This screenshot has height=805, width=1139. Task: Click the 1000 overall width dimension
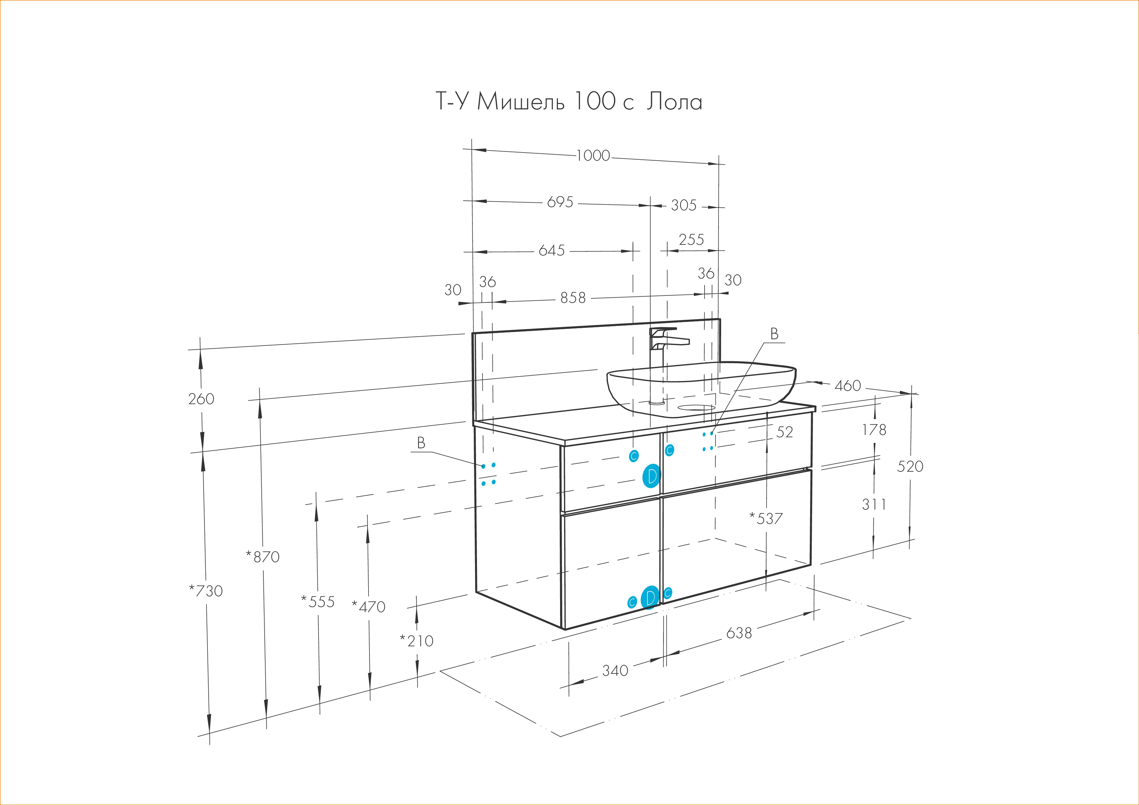[x=593, y=156]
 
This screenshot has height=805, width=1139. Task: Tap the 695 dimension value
[x=560, y=202]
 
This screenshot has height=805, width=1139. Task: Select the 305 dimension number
[x=683, y=205]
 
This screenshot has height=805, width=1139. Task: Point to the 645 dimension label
[x=552, y=251]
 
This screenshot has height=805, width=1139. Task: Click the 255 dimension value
[x=691, y=240]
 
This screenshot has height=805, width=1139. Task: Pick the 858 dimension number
[x=573, y=298]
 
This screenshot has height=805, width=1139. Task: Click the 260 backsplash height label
[x=201, y=399]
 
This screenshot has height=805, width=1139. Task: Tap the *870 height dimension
[x=263, y=557]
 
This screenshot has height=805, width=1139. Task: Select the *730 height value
[x=206, y=591]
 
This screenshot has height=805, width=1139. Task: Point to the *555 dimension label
[x=318, y=602]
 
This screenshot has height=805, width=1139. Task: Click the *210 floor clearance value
[x=417, y=641]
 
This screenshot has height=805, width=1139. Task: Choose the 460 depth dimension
[x=848, y=385]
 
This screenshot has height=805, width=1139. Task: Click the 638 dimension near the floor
[x=739, y=633]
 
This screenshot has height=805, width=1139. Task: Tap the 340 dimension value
[x=615, y=671]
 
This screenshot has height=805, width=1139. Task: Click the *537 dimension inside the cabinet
[x=766, y=519]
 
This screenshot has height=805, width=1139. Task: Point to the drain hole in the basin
[x=696, y=408]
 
